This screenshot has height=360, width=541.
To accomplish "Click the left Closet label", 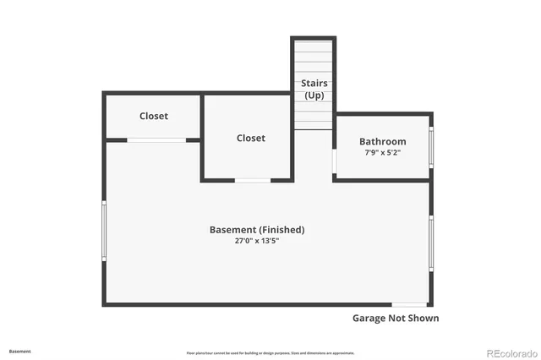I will point(153,116).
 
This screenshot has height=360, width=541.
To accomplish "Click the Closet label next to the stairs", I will point(250,138).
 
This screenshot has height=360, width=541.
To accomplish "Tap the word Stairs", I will point(314,83).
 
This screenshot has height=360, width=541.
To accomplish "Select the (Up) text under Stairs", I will point(314,95).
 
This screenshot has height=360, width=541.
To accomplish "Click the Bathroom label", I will point(382,141).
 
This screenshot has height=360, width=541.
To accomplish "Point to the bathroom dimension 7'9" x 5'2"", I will point(382,153).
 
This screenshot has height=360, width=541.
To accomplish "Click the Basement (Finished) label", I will point(257,230).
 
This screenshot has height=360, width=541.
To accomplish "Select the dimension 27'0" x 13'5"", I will point(257,241).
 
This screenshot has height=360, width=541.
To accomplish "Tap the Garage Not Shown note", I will point(395,319).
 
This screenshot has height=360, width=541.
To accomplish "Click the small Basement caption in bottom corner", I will point(20,351).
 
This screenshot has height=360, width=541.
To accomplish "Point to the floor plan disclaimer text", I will point(270,352).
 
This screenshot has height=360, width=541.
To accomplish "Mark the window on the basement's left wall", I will point(104,230).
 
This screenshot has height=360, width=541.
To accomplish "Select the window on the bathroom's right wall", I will point(431,145).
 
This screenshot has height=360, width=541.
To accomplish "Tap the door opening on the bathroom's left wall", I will point(335,161).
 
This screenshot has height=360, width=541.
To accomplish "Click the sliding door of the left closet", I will point(156,139).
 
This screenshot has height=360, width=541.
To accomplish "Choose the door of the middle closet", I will point(252,180).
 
